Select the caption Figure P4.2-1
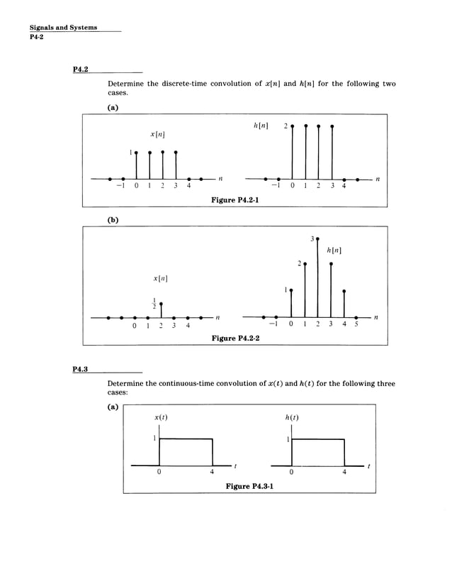235,201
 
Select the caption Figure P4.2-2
235,338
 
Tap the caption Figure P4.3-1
249,486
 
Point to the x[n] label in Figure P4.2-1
158,133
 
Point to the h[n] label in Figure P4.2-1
260,126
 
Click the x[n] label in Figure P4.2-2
160,279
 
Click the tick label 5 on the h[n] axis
356,326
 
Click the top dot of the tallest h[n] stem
317,239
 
